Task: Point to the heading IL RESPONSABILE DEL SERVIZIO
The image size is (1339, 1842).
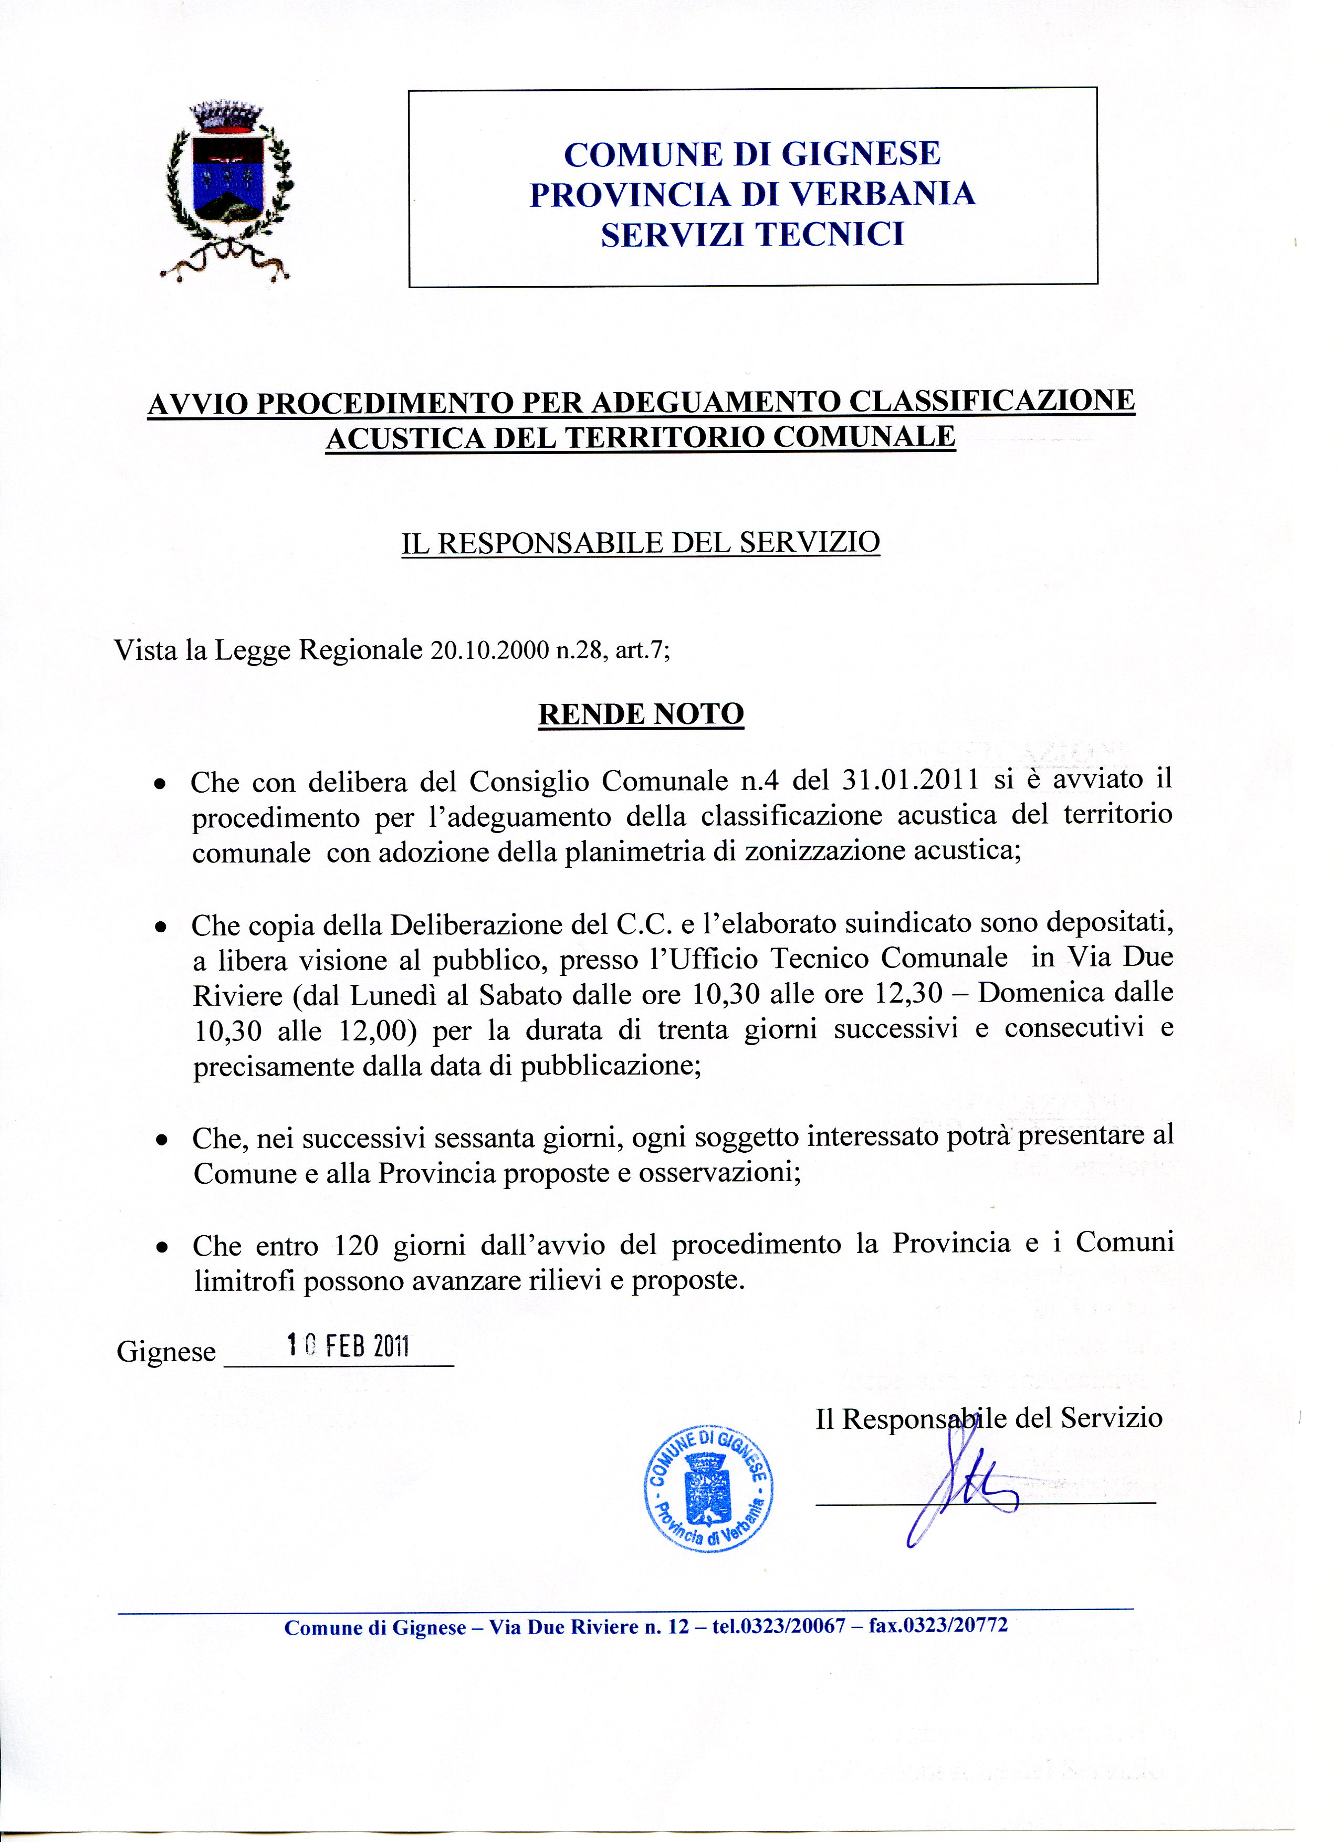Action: coord(640,543)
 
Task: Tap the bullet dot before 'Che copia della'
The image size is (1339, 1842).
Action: coord(162,926)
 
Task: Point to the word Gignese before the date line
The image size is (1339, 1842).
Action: coord(166,1352)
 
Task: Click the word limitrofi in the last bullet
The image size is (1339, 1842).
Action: coord(243,1281)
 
